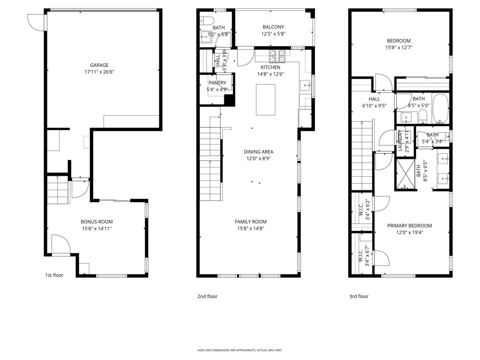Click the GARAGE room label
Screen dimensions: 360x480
[99, 65]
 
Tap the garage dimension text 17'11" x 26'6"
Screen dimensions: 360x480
[99, 72]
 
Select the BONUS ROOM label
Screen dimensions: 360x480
[97, 222]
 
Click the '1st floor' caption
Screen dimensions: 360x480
[54, 275]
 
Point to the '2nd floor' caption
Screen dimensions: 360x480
[207, 296]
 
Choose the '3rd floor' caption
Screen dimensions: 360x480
[359, 296]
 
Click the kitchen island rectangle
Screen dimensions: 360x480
[265, 99]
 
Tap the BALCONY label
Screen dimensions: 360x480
[273, 27]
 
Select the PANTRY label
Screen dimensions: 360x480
[217, 83]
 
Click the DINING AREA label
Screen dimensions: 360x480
[258, 152]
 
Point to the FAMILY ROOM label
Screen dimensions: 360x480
[251, 222]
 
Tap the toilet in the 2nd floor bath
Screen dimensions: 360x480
[207, 21]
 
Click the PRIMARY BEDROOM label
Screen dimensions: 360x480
[409, 225]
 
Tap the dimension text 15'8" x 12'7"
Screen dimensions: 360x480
[398, 47]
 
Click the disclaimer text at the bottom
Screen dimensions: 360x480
[240, 350]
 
